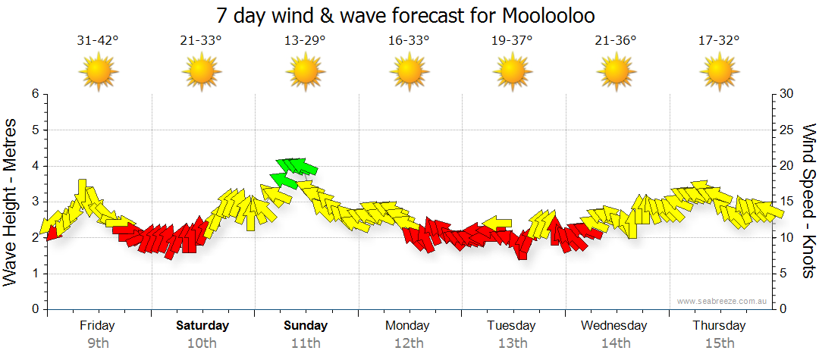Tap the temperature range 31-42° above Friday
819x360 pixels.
(x=98, y=40)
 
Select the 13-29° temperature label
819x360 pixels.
(x=305, y=40)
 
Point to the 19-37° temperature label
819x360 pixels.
(x=512, y=40)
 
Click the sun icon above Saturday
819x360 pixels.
(x=202, y=72)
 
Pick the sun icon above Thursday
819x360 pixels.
(x=719, y=72)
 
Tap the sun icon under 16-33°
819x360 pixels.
(x=409, y=72)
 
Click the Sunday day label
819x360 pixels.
(x=306, y=326)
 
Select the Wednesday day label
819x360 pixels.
(x=614, y=326)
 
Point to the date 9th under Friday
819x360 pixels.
(x=98, y=343)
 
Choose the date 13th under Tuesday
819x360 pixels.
(x=513, y=343)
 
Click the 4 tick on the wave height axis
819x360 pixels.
(x=34, y=166)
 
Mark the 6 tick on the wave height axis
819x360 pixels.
(x=34, y=94)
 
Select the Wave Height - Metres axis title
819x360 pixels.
(x=12, y=202)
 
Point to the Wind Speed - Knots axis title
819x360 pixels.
(x=808, y=202)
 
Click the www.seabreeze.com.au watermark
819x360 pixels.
(x=723, y=301)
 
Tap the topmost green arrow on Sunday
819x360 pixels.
(x=297, y=164)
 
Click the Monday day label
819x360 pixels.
(x=408, y=326)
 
